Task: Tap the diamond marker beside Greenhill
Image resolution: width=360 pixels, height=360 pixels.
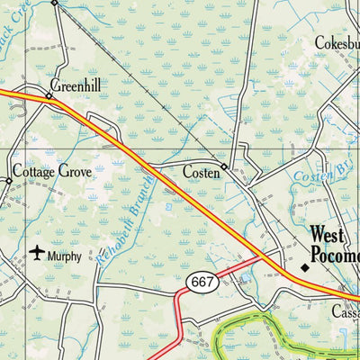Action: pyautogui.click(x=49, y=94)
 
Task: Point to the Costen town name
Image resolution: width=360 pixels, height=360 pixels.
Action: pyautogui.click(x=201, y=172)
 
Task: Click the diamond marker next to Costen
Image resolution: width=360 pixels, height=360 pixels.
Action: pyautogui.click(x=225, y=167)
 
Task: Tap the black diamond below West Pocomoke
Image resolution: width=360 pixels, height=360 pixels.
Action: pyautogui.click(x=304, y=267)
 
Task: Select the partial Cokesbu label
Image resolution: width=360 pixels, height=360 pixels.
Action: pyautogui.click(x=337, y=42)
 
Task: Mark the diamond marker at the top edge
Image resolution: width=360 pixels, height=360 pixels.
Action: pyautogui.click(x=53, y=3)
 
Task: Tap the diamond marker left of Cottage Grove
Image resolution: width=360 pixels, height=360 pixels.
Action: pyautogui.click(x=8, y=181)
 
